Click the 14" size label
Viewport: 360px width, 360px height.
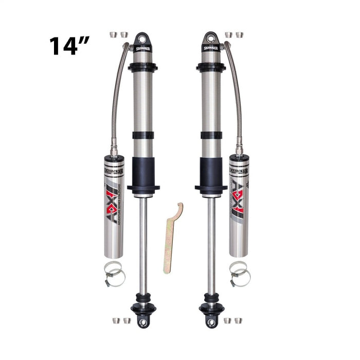(x=70, y=46)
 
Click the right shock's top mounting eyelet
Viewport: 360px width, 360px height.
(x=210, y=39)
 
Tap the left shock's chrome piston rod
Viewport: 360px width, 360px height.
(x=143, y=242)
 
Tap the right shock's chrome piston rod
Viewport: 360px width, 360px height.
(x=211, y=242)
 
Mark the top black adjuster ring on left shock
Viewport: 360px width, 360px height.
(x=143, y=67)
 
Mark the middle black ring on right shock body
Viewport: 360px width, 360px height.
(x=211, y=135)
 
